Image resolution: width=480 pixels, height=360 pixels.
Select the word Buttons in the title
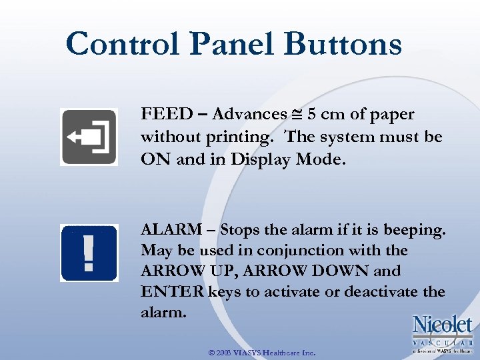click(x=343, y=45)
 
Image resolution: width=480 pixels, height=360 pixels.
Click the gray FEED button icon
click(x=89, y=137)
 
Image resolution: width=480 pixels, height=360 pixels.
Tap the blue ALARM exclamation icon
click(x=89, y=253)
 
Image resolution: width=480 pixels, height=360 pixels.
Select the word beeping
click(x=418, y=230)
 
